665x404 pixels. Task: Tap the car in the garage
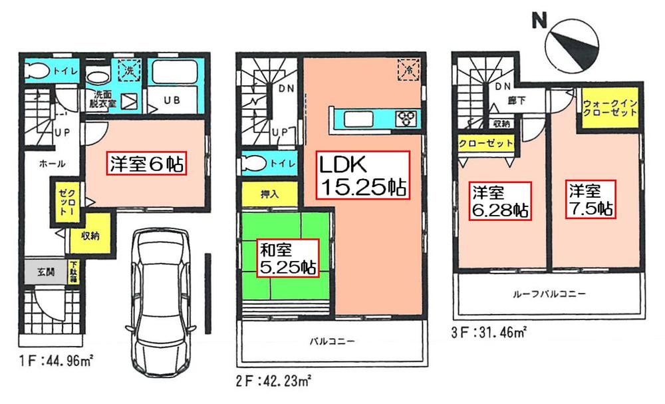[x=162, y=300]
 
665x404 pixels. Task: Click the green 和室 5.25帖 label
[x=287, y=259]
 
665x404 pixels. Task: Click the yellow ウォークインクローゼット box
[x=610, y=108]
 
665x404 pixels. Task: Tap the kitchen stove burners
[x=406, y=119]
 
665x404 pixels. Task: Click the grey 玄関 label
[x=41, y=271]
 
